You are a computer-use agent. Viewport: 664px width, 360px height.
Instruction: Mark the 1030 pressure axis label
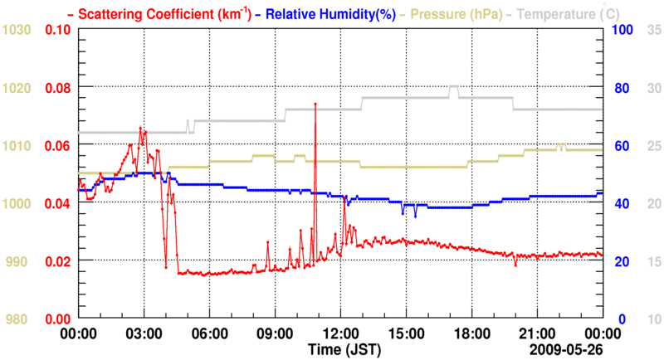point(17,30)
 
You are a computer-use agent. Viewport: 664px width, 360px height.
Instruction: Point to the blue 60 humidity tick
point(622,146)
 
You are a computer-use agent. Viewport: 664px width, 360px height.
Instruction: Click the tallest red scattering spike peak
point(315,105)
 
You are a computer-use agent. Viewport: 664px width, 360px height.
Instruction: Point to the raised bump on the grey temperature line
point(453,86)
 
